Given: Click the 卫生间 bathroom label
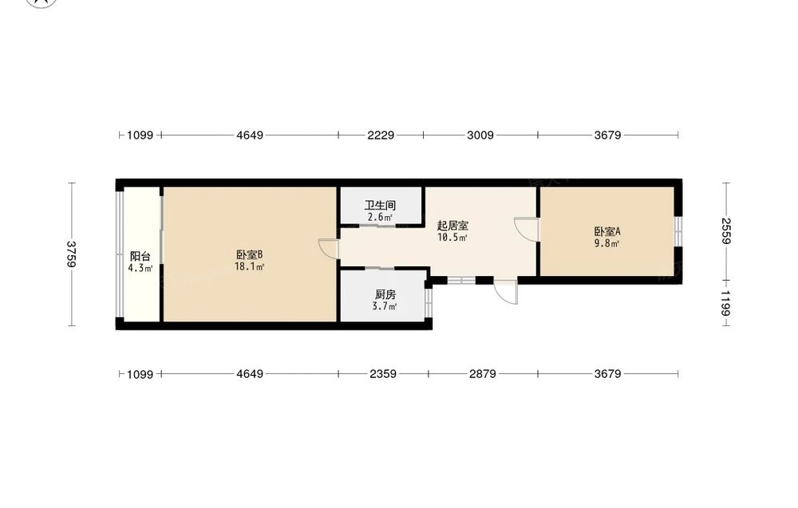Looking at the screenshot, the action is pyautogui.click(x=380, y=206).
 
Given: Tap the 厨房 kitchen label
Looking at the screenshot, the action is pyautogui.click(x=385, y=294).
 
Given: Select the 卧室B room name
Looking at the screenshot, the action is pyautogui.click(x=249, y=254).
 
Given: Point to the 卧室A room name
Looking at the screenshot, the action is pyautogui.click(x=607, y=231).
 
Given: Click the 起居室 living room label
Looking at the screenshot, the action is pyautogui.click(x=452, y=225).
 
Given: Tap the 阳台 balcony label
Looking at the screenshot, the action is pyautogui.click(x=140, y=256).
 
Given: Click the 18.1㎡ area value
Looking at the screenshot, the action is pyautogui.click(x=249, y=267).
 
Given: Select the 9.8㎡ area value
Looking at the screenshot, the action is pyautogui.click(x=607, y=243).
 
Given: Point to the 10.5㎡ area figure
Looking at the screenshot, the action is pyautogui.click(x=452, y=238).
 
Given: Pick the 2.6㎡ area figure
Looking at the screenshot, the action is pyautogui.click(x=380, y=218).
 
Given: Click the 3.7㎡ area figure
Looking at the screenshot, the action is pyautogui.click(x=385, y=306).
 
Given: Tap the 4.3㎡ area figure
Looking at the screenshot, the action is pyautogui.click(x=140, y=269).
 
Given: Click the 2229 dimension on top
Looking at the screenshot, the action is pyautogui.click(x=381, y=136).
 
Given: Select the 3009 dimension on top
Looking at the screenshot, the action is pyautogui.click(x=480, y=136).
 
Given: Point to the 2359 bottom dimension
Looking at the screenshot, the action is pyautogui.click(x=383, y=374).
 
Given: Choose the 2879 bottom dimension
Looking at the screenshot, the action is pyautogui.click(x=483, y=374).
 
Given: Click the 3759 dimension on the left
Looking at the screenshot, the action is pyautogui.click(x=71, y=254).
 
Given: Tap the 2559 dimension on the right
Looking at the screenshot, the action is pyautogui.click(x=726, y=230).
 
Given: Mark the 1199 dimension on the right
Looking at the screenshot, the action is pyautogui.click(x=726, y=303).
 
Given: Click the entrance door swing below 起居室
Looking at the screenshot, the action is pyautogui.click(x=506, y=292).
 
